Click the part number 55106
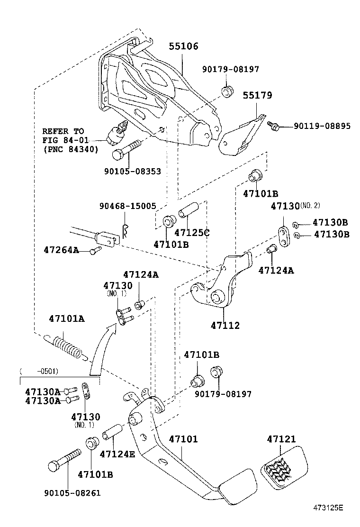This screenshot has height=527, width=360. [x=184, y=46]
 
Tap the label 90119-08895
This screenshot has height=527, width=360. [x=322, y=126]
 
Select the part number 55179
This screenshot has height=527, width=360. [x=258, y=95]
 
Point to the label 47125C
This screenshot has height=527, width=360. [x=192, y=233]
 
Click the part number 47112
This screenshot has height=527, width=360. [x=225, y=326]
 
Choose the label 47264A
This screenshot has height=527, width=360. [x=61, y=250]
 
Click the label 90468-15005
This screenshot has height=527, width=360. [x=127, y=206]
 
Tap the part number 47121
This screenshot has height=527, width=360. [x=281, y=439]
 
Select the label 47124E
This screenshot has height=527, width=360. [x=117, y=454]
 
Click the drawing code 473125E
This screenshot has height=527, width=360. [x=327, y=508]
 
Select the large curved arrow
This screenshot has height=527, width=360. [x=102, y=348]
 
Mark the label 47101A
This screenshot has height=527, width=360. [x=66, y=318]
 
